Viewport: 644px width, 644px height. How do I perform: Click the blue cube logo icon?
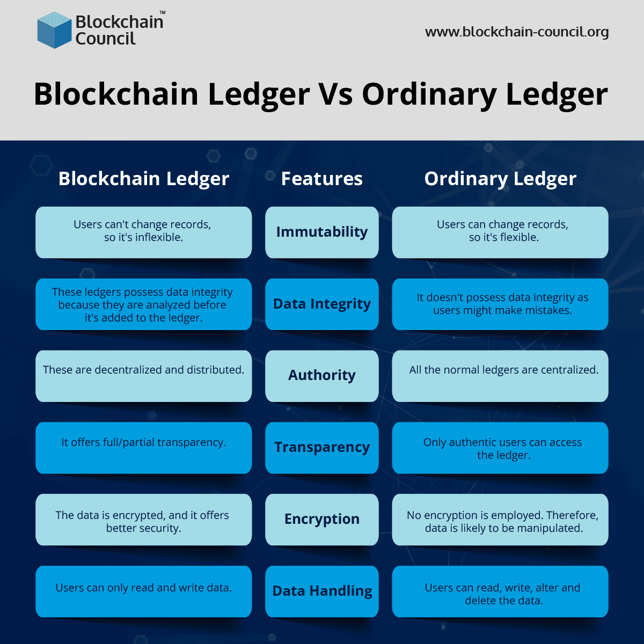(x=54, y=30)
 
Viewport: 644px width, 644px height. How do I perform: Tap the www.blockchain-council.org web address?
(x=517, y=32)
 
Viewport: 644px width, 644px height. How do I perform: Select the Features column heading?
(x=322, y=179)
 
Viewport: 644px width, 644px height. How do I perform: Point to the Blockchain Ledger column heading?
(x=144, y=179)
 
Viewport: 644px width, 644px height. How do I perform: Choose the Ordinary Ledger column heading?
(x=500, y=179)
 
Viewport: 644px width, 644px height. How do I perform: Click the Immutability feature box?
(x=322, y=232)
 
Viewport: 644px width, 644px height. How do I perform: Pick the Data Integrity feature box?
(x=322, y=304)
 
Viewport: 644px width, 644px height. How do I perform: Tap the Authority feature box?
(x=322, y=376)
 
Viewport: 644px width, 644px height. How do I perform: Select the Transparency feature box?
(x=322, y=448)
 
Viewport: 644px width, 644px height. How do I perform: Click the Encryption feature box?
(x=322, y=519)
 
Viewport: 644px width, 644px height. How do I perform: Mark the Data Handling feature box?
(x=322, y=591)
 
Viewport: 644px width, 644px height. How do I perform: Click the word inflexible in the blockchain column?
(x=159, y=238)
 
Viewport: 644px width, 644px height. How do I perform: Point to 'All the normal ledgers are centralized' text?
(x=503, y=370)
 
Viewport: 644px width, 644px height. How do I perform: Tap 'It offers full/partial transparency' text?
(x=143, y=442)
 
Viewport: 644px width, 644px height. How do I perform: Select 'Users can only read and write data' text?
(x=143, y=588)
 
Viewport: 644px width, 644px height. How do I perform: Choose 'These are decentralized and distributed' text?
(x=143, y=370)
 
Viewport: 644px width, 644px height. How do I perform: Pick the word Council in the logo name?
(x=105, y=39)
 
